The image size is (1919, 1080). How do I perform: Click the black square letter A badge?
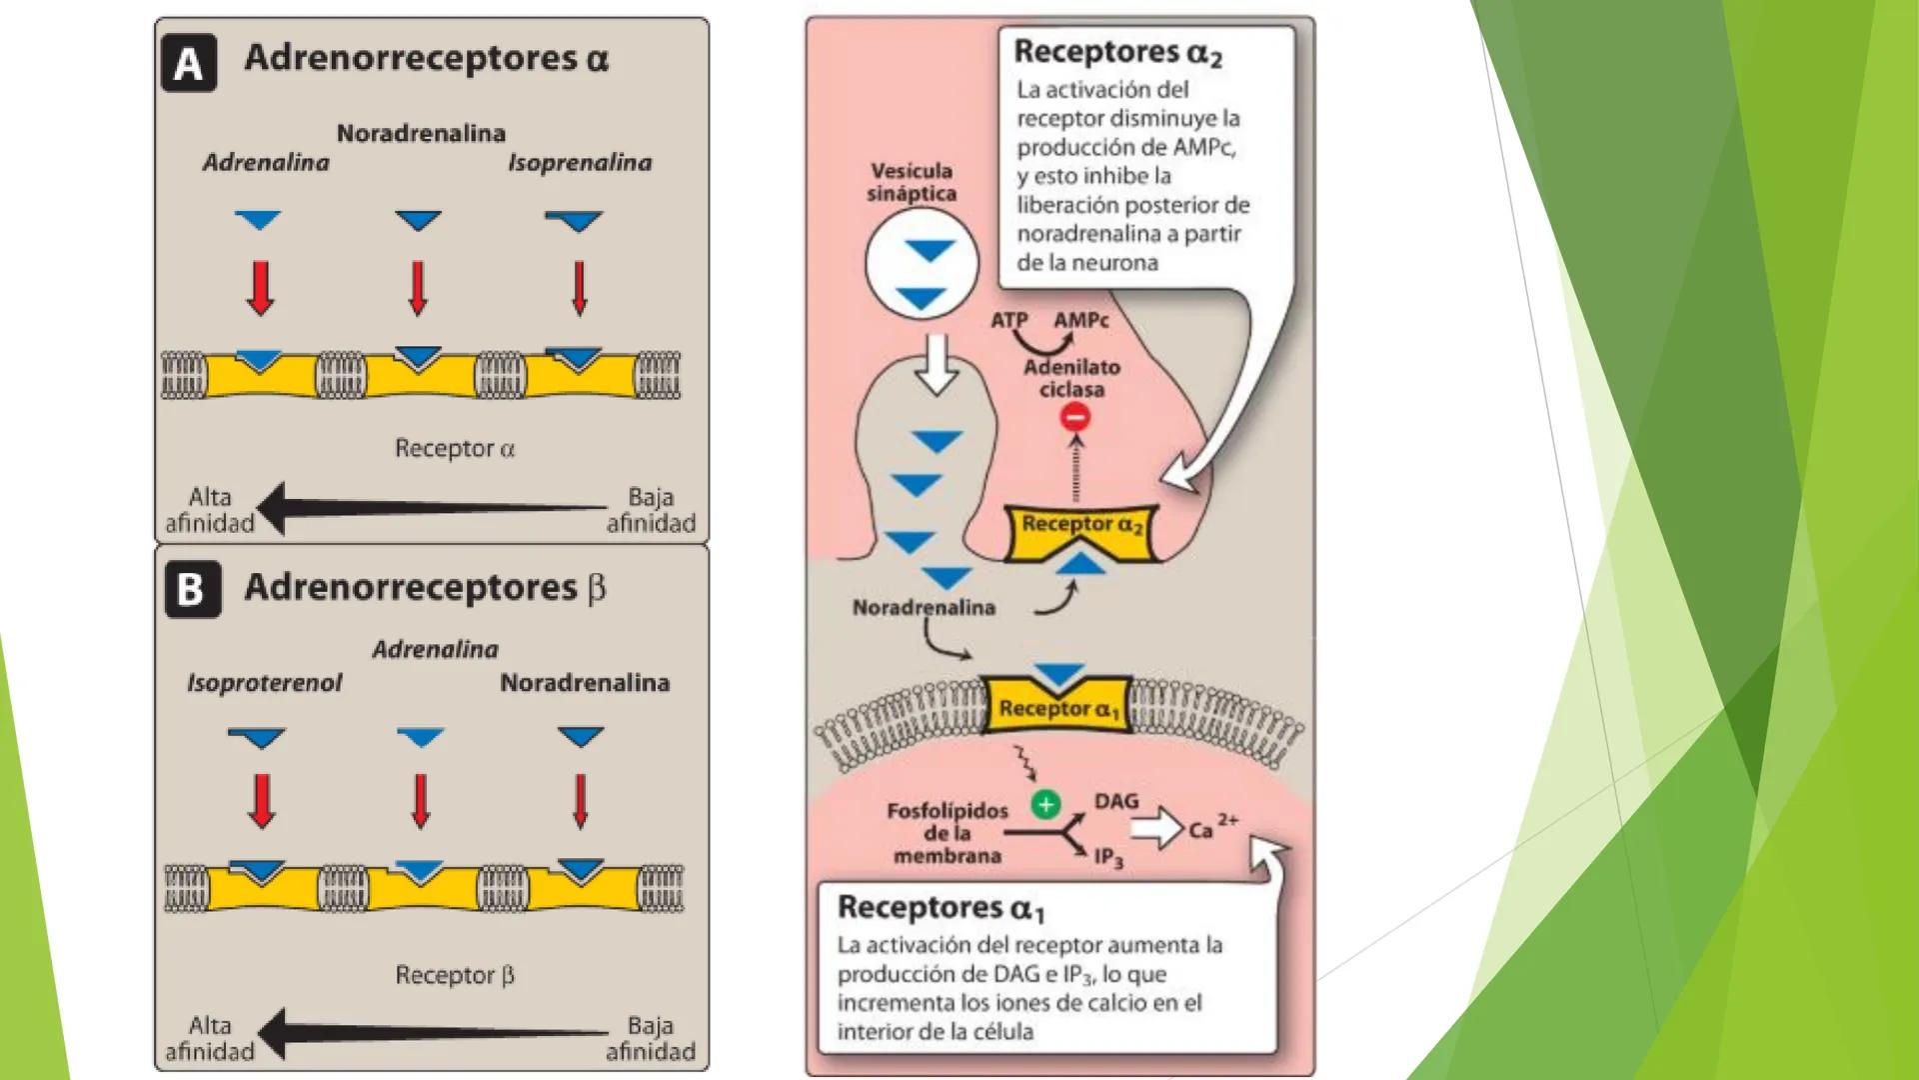coord(188,63)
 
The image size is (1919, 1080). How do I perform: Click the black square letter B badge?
coord(191,589)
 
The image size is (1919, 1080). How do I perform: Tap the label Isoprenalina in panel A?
coord(580,162)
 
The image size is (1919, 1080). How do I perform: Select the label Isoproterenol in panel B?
coord(264,683)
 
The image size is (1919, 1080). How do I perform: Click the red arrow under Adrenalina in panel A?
coord(261,288)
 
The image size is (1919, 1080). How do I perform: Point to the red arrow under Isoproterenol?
coord(262,801)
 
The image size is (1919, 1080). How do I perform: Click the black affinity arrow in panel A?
coord(430,508)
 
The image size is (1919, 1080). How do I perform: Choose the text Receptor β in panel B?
coord(455,975)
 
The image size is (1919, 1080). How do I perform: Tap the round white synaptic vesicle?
coord(922,264)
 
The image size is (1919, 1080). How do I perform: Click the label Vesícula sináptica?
coord(911,182)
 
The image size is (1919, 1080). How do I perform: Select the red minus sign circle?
coord(1075,417)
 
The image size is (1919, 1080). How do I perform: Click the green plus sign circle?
coord(1045,804)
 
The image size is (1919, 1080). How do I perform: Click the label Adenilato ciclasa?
coord(1071,378)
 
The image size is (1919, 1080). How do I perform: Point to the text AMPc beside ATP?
coord(1081,320)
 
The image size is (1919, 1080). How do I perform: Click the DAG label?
coord(1116,801)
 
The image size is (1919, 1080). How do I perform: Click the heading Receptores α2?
coord(1117,52)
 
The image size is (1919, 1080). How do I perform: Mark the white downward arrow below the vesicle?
coord(937,364)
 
